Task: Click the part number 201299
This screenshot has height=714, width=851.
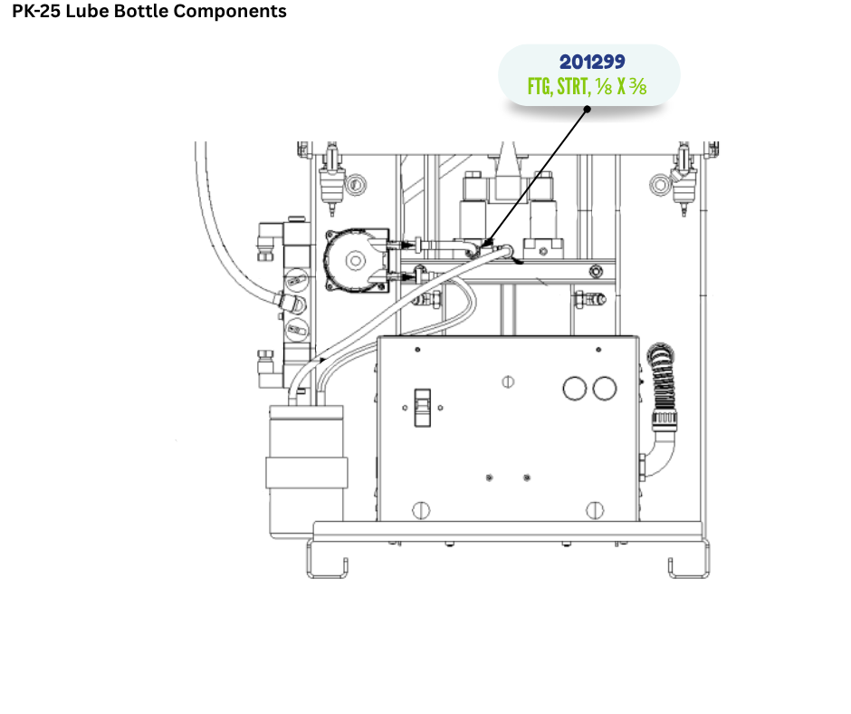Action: click(x=592, y=62)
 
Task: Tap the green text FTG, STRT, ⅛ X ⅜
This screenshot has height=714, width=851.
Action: click(x=588, y=86)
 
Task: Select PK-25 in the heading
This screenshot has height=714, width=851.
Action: click(x=36, y=11)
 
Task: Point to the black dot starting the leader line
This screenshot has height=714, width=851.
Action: click(x=587, y=110)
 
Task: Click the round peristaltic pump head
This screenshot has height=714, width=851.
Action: click(x=356, y=261)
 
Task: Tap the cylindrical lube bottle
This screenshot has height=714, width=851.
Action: click(x=307, y=472)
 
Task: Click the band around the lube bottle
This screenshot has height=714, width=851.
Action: click(x=307, y=473)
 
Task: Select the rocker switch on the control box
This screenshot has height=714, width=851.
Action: click(x=422, y=408)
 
